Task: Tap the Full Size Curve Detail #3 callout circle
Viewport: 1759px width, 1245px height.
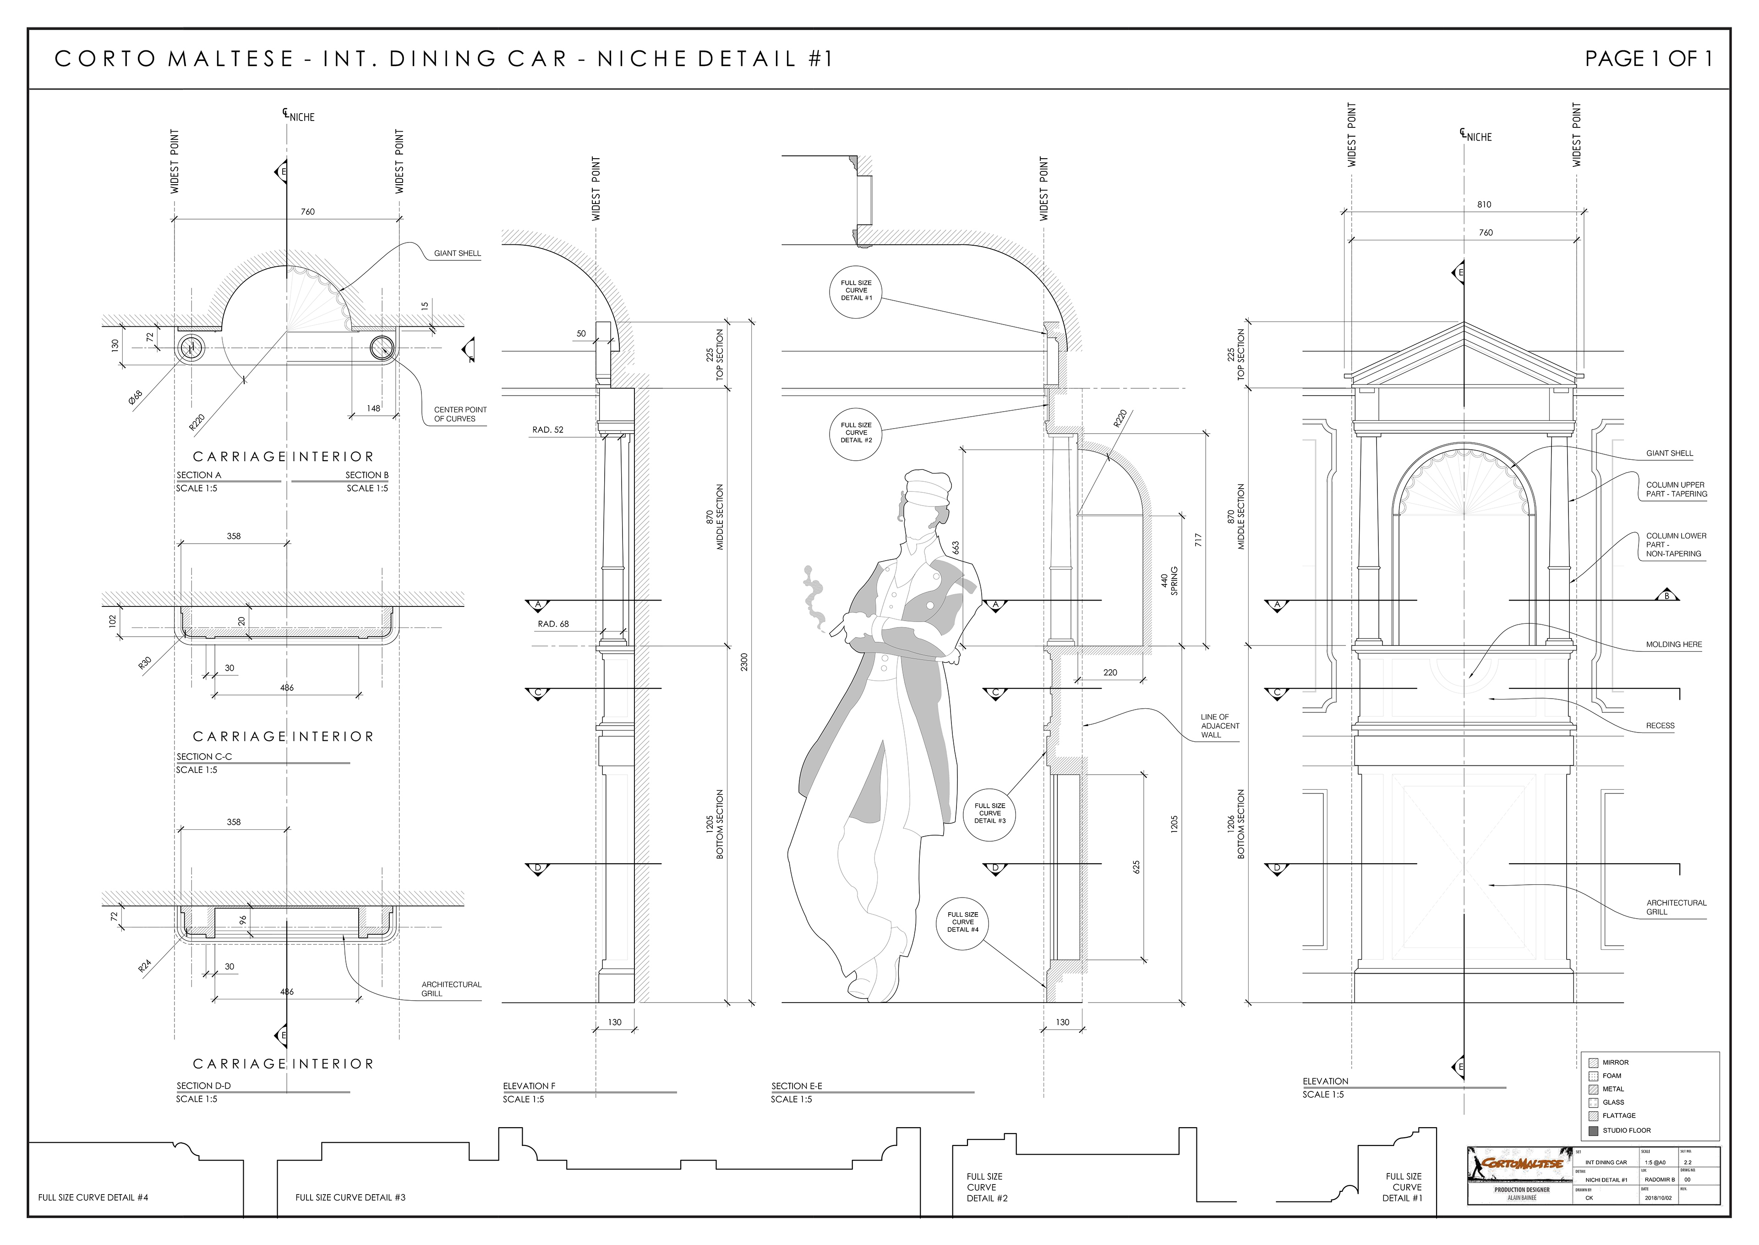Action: click(990, 813)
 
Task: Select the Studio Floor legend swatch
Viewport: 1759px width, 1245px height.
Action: click(1594, 1130)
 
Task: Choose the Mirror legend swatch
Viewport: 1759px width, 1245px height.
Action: click(1594, 1063)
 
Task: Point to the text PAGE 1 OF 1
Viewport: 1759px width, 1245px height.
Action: click(1648, 59)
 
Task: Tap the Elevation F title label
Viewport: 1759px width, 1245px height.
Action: click(529, 1085)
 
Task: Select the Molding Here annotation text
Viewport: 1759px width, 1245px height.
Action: click(1674, 645)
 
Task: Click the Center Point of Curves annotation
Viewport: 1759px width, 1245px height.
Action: click(459, 414)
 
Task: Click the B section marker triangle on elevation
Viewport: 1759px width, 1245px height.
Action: click(1666, 595)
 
